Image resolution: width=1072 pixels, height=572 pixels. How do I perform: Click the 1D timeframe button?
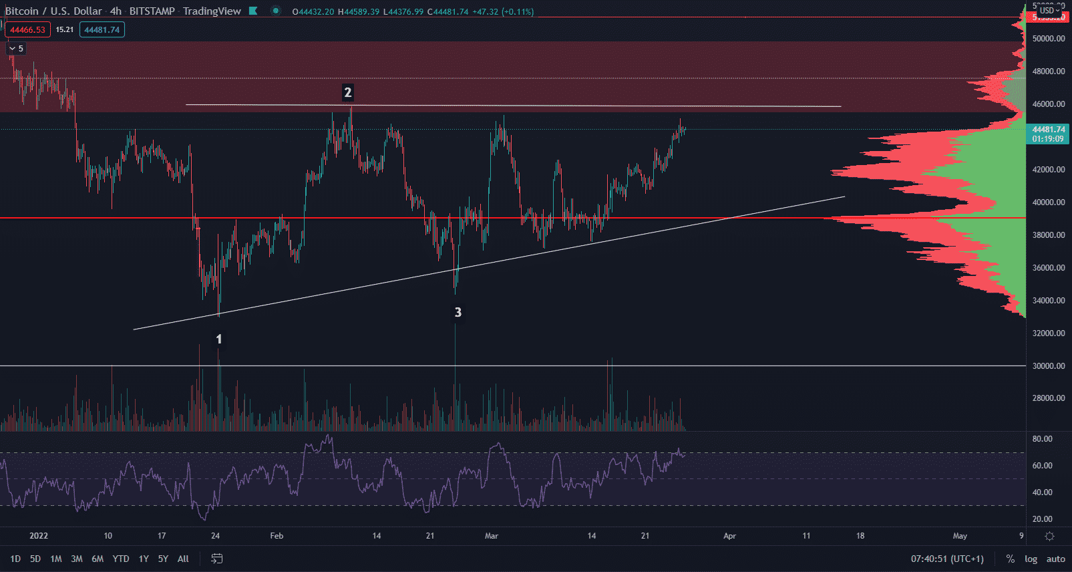tap(15, 559)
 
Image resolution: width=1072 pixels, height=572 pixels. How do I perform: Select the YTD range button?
tap(121, 559)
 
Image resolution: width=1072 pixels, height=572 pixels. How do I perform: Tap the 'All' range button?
tap(183, 559)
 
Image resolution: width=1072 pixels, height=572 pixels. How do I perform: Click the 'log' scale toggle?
tap(1031, 559)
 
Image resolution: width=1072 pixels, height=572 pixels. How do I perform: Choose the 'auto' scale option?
tap(1055, 559)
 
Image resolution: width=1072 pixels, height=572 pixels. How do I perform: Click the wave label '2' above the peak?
tap(347, 92)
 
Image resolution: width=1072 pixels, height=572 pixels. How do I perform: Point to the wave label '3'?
tap(458, 312)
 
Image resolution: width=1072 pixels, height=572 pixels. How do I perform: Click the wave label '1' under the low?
tap(218, 339)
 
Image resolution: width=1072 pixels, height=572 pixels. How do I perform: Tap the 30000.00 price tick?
tap(1049, 366)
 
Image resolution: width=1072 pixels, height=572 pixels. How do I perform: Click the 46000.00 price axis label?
tap(1049, 104)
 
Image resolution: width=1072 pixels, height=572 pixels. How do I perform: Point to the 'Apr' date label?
tap(729, 536)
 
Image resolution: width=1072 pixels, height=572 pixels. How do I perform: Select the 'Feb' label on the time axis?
tap(277, 536)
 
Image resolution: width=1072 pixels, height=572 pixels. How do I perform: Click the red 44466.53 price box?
tap(27, 29)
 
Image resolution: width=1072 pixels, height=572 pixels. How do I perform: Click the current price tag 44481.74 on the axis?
tap(1049, 130)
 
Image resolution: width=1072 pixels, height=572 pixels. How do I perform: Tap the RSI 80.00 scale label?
tap(1042, 439)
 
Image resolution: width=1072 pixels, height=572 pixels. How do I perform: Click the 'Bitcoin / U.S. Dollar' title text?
tap(53, 11)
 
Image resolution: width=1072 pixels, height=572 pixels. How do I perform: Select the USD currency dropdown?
tap(1049, 10)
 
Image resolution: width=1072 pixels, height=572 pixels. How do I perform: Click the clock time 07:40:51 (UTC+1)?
tap(947, 559)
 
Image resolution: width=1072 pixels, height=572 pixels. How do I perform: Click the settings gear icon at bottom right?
tap(1049, 536)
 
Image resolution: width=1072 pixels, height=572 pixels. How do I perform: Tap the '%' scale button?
tap(1011, 559)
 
